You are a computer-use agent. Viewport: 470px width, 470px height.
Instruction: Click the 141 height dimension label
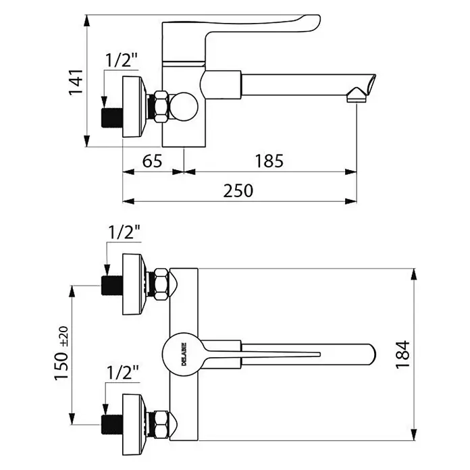(76, 82)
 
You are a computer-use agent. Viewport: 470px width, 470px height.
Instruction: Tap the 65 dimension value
(152, 161)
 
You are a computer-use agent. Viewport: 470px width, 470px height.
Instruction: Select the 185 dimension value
(269, 161)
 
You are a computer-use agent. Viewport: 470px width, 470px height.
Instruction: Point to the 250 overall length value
(238, 190)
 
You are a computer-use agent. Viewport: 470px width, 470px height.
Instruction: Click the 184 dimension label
(403, 355)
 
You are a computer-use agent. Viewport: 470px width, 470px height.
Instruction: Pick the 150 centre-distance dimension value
(61, 366)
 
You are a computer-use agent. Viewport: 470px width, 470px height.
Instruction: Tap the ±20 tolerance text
(63, 336)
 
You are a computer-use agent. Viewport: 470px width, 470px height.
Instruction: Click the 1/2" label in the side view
(122, 60)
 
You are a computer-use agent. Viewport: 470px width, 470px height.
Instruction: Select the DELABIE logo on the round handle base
(184, 354)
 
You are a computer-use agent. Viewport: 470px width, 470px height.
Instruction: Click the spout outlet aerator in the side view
(357, 95)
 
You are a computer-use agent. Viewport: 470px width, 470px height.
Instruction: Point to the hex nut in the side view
(161, 107)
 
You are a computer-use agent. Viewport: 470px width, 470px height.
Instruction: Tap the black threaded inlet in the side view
(112, 117)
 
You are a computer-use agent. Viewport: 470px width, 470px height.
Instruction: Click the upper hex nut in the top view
(161, 284)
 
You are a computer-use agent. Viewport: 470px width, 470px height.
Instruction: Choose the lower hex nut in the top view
(161, 425)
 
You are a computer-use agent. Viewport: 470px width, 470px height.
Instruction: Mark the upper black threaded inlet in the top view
(112, 286)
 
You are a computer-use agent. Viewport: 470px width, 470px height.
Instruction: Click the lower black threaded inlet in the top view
(112, 425)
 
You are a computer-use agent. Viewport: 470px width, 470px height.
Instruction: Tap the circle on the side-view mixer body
(184, 107)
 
